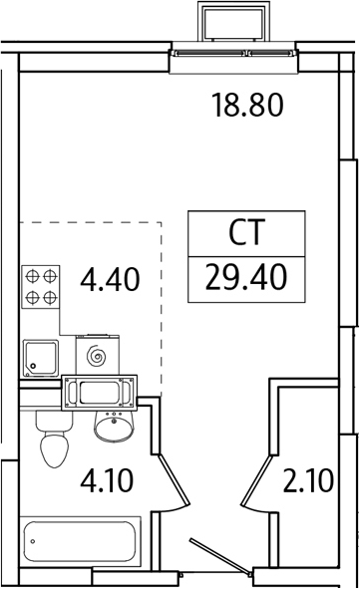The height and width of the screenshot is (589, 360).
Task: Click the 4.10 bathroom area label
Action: pyautogui.click(x=107, y=485)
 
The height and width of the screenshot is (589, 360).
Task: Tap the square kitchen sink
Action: pyautogui.click(x=40, y=356)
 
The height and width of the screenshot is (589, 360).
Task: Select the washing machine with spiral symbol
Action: pyautogui.click(x=97, y=355)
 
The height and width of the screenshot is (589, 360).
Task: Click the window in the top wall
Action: pyautogui.click(x=236, y=54)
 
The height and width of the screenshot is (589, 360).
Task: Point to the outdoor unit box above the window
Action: pyautogui.click(x=234, y=22)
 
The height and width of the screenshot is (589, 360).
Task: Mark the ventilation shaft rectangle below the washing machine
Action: pyautogui.click(x=99, y=393)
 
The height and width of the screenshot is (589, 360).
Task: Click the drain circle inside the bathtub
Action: pyautogui.click(x=36, y=545)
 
